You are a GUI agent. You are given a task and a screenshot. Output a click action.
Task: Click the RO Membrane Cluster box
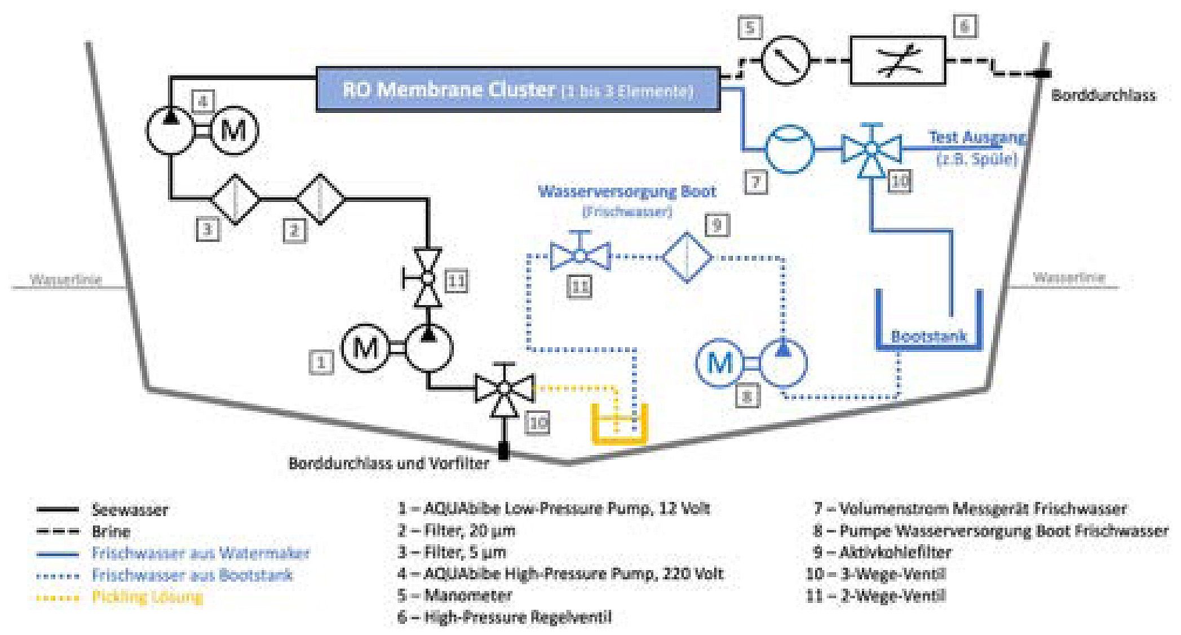(x=517, y=90)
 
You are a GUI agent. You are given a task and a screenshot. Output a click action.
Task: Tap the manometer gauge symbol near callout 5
(x=785, y=60)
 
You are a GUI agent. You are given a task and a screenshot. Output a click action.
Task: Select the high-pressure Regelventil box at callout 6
(x=897, y=60)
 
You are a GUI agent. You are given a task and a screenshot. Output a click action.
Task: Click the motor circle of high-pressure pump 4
(x=233, y=131)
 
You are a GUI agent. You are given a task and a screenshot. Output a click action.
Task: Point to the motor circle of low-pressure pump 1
(x=365, y=347)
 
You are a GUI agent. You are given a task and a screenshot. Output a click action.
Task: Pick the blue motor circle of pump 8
(x=719, y=363)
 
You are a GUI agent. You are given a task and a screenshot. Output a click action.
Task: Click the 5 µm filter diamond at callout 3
(x=236, y=199)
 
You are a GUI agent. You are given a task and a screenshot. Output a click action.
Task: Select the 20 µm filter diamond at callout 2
(x=321, y=199)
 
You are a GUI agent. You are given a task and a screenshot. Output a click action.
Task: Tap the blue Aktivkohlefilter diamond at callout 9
(x=687, y=257)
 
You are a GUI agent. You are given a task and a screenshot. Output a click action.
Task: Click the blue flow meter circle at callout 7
(x=789, y=149)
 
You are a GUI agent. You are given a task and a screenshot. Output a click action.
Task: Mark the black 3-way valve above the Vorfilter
(x=504, y=389)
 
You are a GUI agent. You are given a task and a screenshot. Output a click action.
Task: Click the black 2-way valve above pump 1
(x=428, y=278)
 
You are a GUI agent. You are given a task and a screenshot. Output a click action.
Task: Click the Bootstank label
(x=928, y=337)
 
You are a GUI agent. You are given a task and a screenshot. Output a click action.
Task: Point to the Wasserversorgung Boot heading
(x=627, y=192)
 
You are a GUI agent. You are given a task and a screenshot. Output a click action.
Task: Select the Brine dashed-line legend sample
(x=57, y=532)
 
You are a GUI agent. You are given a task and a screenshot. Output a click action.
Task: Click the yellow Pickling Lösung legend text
(x=147, y=597)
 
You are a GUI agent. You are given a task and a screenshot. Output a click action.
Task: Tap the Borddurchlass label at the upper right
(x=1103, y=95)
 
